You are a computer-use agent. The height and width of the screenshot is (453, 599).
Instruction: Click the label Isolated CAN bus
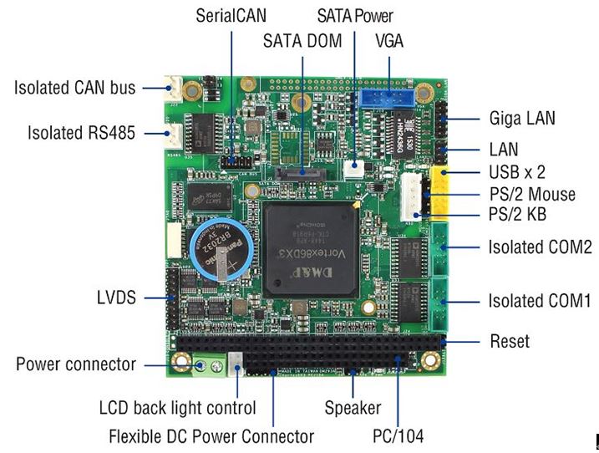click(x=74, y=87)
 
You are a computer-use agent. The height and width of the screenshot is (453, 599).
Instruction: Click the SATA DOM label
click(x=302, y=41)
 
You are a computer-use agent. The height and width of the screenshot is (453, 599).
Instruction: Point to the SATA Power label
click(x=355, y=15)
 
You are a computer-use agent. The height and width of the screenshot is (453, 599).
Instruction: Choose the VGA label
click(x=389, y=41)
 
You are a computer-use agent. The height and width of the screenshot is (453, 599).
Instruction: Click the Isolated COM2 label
click(x=540, y=247)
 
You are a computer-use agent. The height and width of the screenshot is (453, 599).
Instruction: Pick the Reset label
click(x=509, y=342)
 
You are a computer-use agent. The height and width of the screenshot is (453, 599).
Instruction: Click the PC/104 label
click(x=398, y=435)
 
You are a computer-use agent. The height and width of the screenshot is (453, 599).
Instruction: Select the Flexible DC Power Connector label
click(x=211, y=435)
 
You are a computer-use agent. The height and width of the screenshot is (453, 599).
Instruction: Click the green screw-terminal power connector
click(x=211, y=365)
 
